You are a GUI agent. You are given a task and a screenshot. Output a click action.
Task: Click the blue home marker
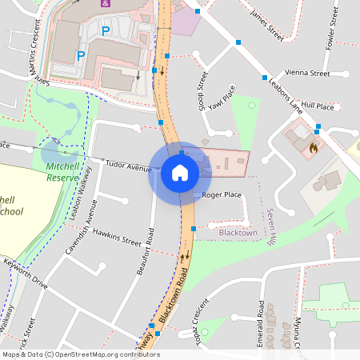point(180,173)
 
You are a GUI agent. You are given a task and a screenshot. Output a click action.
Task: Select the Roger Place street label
point(222,194)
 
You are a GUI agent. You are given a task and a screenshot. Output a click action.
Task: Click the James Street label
point(267,23)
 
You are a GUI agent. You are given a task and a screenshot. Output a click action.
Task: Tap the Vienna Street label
point(308,73)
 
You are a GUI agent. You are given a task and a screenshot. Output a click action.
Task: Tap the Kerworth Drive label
point(26,274)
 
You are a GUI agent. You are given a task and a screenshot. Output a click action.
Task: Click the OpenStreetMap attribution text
point(80,354)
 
